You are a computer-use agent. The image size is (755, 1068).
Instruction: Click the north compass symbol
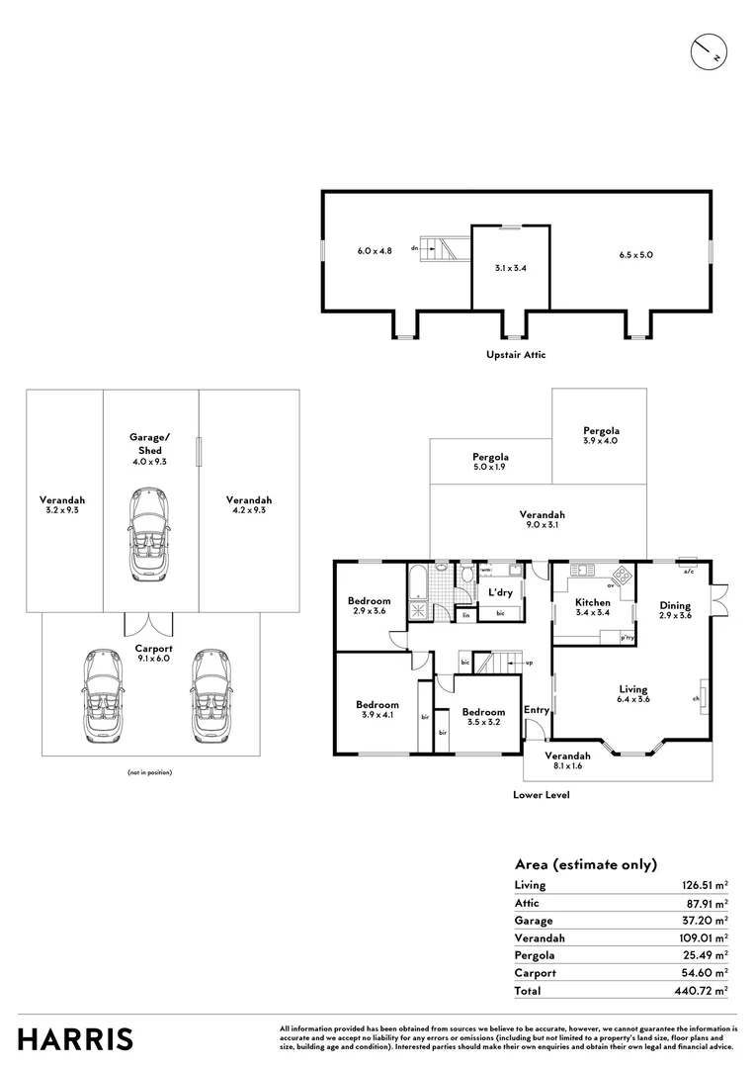(707, 50)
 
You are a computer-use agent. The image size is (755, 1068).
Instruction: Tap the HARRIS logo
(75, 1038)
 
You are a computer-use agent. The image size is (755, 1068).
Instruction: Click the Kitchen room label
(593, 602)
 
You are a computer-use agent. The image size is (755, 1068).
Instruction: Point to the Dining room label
(675, 605)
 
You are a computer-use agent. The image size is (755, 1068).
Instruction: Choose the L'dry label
(499, 592)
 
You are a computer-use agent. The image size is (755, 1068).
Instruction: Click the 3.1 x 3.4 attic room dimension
(510, 267)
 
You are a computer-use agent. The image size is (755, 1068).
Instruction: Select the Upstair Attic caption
(515, 354)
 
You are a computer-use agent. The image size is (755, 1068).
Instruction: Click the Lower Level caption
(542, 794)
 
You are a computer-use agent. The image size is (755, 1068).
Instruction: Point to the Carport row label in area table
(536, 973)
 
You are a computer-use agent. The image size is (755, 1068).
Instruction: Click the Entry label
(537, 710)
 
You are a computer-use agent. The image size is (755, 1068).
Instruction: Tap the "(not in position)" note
(149, 771)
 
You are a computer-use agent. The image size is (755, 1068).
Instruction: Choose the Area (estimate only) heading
(585, 863)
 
